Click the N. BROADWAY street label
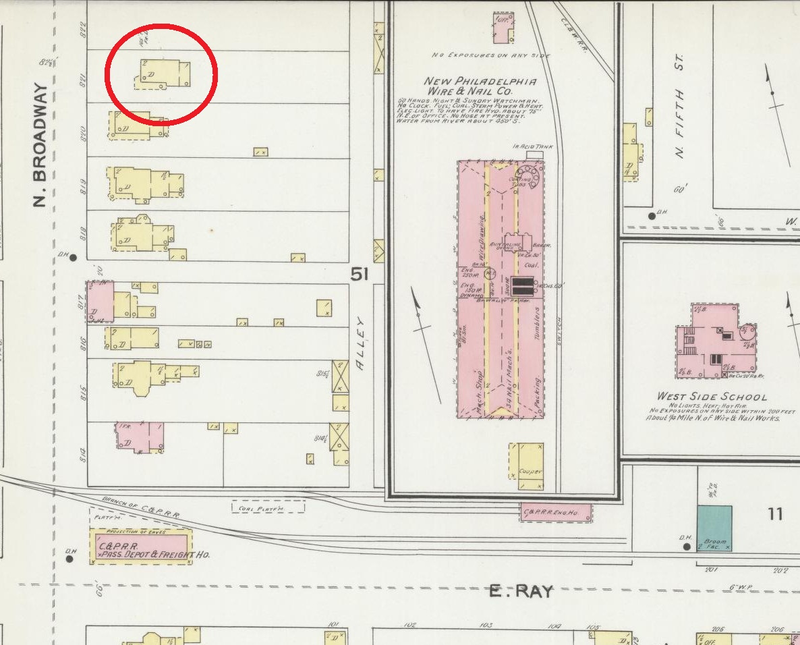[x=40, y=145]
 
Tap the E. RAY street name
[x=521, y=592]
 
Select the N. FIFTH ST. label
[x=679, y=108]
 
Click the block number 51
[x=360, y=274]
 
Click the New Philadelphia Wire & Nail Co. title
[x=480, y=86]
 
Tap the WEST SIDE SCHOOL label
[x=712, y=397]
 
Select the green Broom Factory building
[x=714, y=528]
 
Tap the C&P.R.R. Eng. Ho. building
[x=556, y=513]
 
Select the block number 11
[x=775, y=514]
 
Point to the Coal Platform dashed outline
[x=268, y=507]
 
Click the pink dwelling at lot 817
[x=100, y=301]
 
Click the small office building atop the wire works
[x=503, y=27]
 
